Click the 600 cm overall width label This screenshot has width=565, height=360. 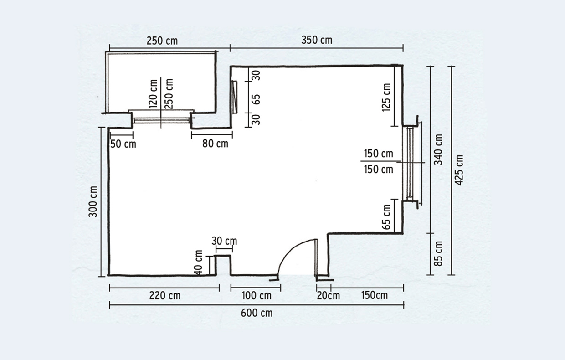coord(257,313)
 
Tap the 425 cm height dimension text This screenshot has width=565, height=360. coord(459,170)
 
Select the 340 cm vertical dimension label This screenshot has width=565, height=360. coord(438,149)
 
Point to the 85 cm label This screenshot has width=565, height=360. coord(438,253)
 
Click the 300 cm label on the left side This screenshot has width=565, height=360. coord(93,201)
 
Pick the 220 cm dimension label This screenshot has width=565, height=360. coord(164,296)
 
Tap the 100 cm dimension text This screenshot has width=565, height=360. coord(257,296)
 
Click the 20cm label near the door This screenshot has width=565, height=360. coord(328,296)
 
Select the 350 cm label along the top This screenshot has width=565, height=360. coord(317,40)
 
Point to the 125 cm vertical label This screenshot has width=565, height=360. coord(386,98)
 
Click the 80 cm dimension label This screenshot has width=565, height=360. coord(215,144)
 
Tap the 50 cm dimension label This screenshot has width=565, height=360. coord(123,144)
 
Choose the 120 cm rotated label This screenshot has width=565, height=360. coord(153,94)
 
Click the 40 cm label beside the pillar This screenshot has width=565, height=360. coord(199,262)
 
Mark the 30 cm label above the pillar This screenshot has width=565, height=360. coord(224,241)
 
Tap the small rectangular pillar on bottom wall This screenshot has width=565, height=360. coord(223,265)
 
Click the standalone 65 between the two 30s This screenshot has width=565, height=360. coord(256,99)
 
